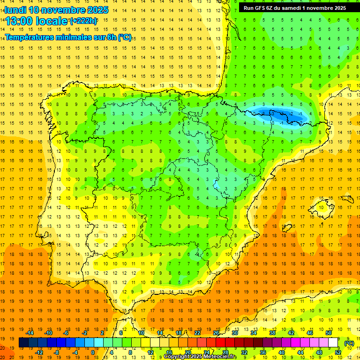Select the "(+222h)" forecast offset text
(x=83, y=21)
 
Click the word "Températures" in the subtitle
(x=29, y=37)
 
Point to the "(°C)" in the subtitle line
(x=125, y=37)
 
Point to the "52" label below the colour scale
(x=338, y=352)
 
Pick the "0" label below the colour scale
(x=93, y=352)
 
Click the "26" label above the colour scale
(x=216, y=333)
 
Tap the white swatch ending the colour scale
(x=333, y=343)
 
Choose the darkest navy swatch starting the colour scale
(x=23, y=343)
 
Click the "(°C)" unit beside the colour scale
(x=349, y=343)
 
